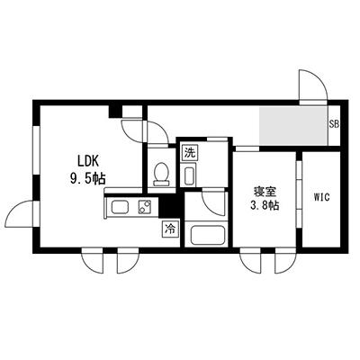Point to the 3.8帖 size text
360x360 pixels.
(x=265, y=206)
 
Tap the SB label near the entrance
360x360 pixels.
(x=333, y=124)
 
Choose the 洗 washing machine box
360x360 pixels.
(x=190, y=153)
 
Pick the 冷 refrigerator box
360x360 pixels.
(x=170, y=230)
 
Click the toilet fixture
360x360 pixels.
(x=162, y=172)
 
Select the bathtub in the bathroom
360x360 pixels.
(x=206, y=238)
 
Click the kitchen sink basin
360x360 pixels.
(x=118, y=210)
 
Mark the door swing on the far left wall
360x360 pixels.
(x=20, y=216)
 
